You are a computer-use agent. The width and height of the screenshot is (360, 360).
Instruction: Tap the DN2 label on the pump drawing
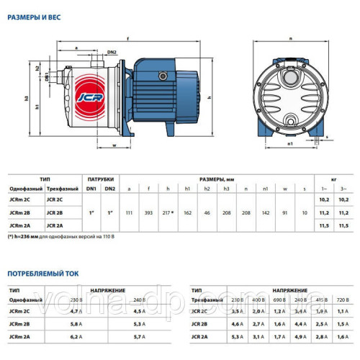[x=112, y=53]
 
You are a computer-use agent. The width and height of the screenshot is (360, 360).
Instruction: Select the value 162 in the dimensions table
[x=187, y=213]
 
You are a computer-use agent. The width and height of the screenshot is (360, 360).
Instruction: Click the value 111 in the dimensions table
[x=129, y=213]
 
